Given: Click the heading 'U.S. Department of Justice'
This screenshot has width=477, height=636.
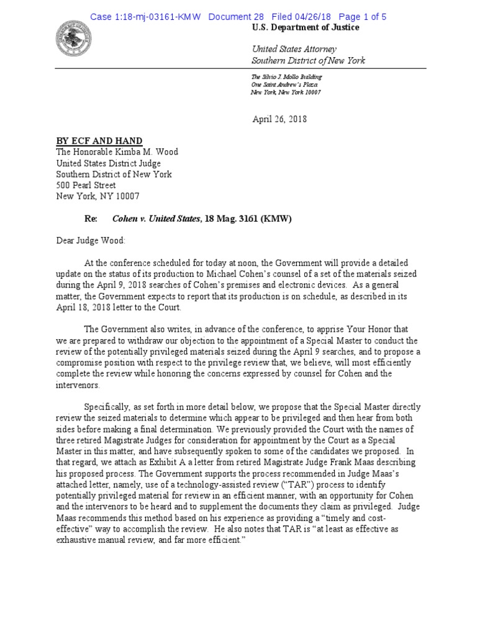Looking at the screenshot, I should (x=305, y=28).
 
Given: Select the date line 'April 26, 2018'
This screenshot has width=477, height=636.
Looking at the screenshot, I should (x=279, y=119).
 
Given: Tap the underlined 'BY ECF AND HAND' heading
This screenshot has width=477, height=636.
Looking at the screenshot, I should (x=99, y=141).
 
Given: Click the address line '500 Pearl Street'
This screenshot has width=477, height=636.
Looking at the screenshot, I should (x=86, y=185).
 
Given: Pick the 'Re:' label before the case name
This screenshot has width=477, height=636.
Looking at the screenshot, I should (x=91, y=219).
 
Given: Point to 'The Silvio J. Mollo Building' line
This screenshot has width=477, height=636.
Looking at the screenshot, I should (x=286, y=76).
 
